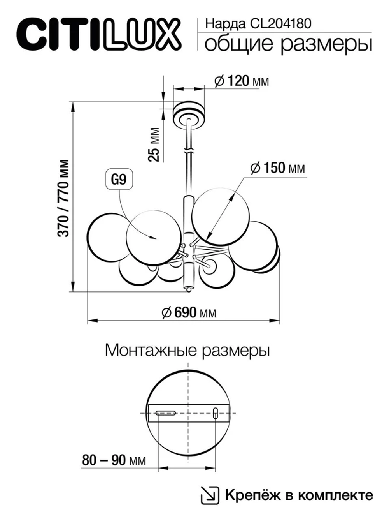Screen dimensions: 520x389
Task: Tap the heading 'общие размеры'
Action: pyautogui.click(x=288, y=44)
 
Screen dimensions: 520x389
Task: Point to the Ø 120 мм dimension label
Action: pyautogui.click(x=242, y=81)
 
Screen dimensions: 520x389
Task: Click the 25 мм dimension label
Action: pyautogui.click(x=154, y=144)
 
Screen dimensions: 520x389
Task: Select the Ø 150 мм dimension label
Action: pyautogui.click(x=278, y=168)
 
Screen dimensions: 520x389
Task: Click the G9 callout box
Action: pyautogui.click(x=119, y=180)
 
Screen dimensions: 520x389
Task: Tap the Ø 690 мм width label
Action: pyautogui.click(x=189, y=312)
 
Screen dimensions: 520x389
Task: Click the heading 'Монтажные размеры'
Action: pyautogui.click(x=187, y=350)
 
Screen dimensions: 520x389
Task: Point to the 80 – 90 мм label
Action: pyautogui.click(x=114, y=460)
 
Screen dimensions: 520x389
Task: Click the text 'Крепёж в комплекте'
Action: pyautogui.click(x=299, y=495)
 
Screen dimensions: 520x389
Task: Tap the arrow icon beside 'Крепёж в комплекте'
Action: pyautogui.click(x=209, y=495)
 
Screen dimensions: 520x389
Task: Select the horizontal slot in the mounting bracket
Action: pyautogui.click(x=166, y=413)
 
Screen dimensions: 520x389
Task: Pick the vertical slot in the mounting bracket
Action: pyautogui.click(x=215, y=413)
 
